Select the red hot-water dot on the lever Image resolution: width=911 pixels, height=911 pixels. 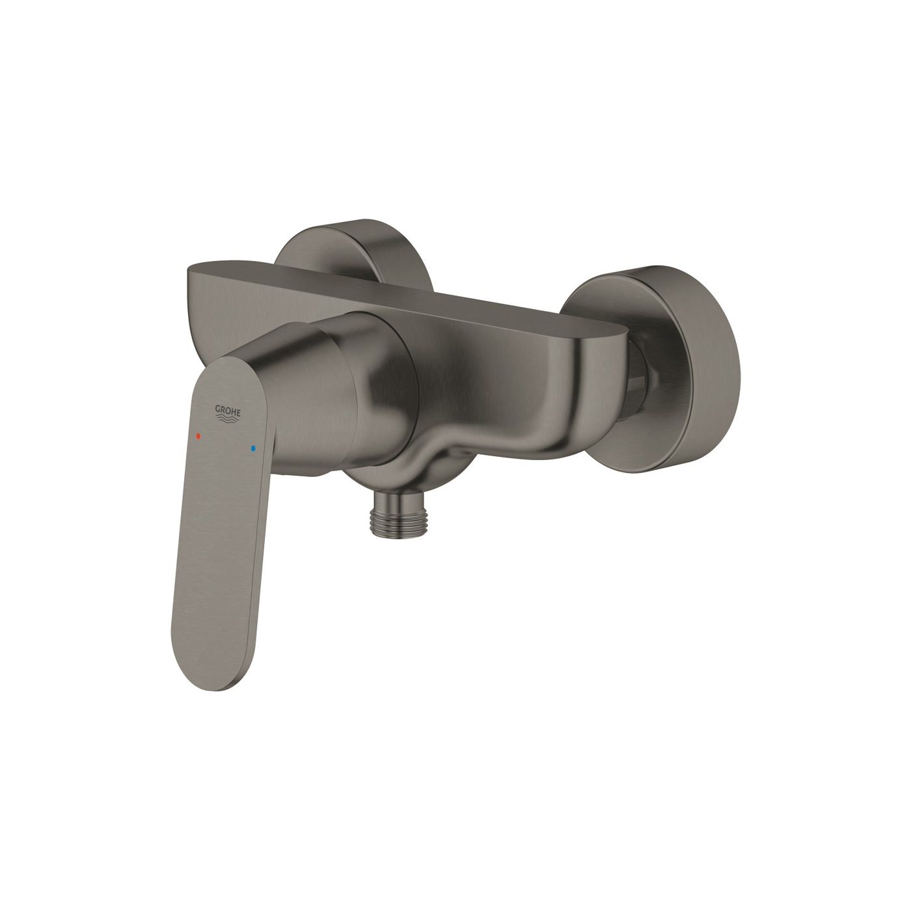pos(198,435)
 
